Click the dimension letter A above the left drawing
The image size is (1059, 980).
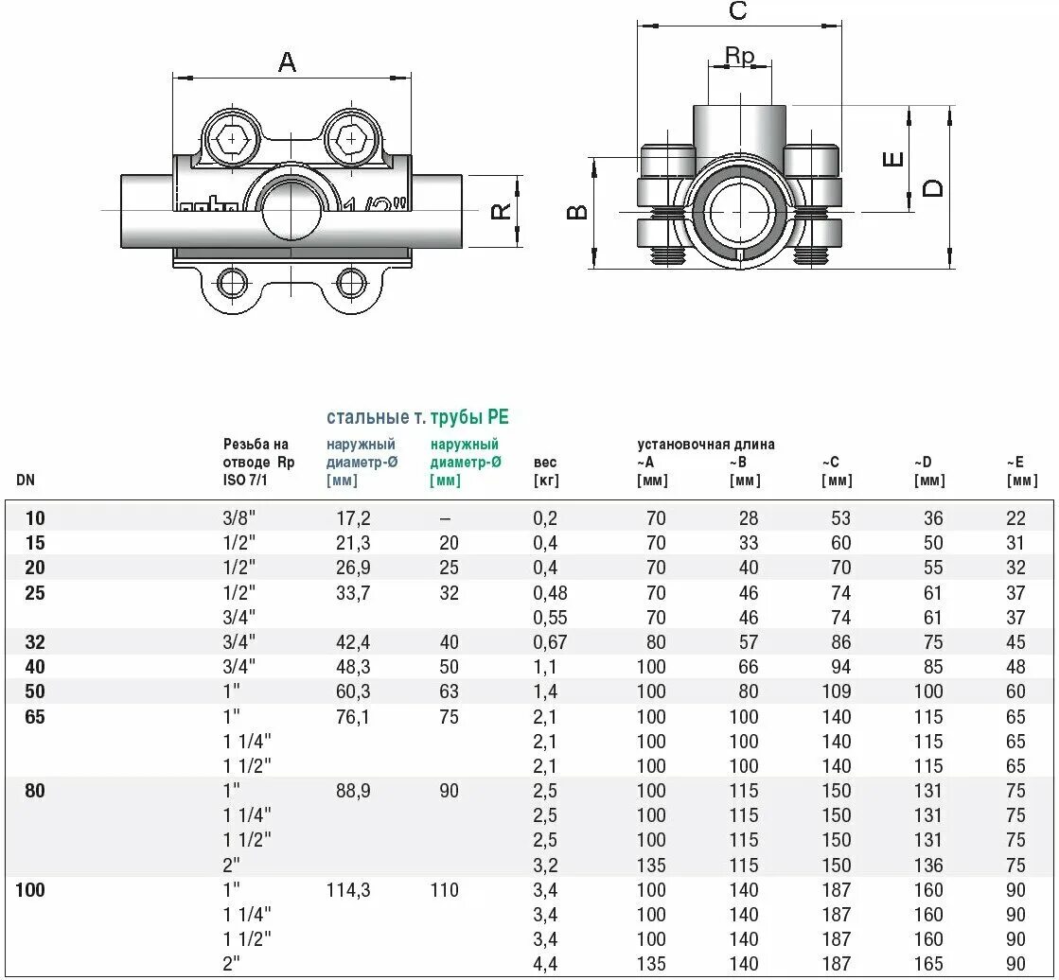[287, 62]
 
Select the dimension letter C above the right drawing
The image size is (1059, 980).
[737, 11]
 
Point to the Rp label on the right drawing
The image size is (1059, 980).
[740, 57]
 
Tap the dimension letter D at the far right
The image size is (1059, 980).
[934, 187]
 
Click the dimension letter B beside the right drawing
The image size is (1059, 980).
[577, 212]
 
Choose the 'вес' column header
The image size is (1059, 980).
[546, 463]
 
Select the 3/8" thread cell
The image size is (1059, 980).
[238, 518]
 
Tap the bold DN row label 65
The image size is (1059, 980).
[34, 717]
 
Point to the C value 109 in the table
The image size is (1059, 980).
[837, 691]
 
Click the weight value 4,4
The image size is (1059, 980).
[546, 964]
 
